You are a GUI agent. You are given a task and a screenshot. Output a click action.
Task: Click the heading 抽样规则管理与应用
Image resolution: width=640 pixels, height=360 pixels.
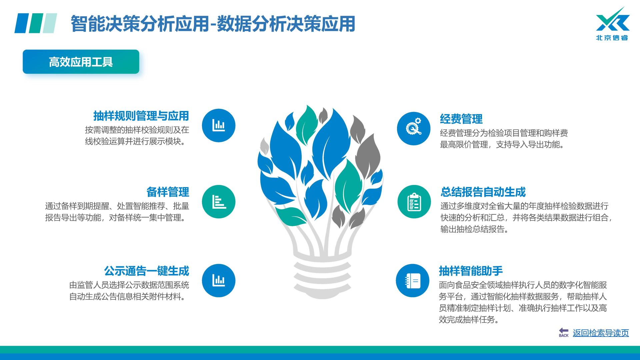click(141, 116)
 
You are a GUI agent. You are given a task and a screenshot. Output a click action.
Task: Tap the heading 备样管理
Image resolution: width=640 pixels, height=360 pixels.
click(168, 192)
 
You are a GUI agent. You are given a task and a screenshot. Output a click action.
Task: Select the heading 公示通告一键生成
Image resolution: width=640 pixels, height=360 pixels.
click(147, 271)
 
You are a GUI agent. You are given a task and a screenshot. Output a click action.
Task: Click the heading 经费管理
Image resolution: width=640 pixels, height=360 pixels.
click(461, 119)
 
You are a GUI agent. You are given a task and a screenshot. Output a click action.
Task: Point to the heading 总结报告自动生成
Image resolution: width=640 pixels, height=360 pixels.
click(483, 192)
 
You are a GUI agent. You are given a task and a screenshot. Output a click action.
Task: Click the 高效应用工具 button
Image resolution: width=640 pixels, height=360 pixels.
click(81, 62)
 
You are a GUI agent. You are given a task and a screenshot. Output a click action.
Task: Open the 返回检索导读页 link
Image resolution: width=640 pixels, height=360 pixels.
click(601, 333)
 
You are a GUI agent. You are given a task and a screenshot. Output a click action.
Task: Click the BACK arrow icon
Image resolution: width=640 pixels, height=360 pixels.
click(564, 332)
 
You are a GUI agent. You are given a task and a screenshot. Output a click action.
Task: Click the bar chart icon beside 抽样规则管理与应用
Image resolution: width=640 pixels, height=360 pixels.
click(219, 125)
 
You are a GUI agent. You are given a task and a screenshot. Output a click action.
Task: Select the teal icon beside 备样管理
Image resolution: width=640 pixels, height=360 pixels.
click(219, 202)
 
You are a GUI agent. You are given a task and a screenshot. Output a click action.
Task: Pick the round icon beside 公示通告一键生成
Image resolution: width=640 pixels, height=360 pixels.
click(219, 280)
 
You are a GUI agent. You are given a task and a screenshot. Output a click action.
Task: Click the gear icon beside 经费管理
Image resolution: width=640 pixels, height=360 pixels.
click(414, 128)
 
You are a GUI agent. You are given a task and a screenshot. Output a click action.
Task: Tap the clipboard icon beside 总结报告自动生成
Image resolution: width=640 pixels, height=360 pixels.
click(414, 202)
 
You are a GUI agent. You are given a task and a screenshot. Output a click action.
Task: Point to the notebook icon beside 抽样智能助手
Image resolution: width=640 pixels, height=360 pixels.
click(413, 281)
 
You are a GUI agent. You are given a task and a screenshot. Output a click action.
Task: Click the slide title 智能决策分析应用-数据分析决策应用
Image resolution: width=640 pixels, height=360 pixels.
click(213, 24)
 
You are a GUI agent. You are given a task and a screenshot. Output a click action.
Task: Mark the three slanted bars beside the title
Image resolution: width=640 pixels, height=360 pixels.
click(36, 23)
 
